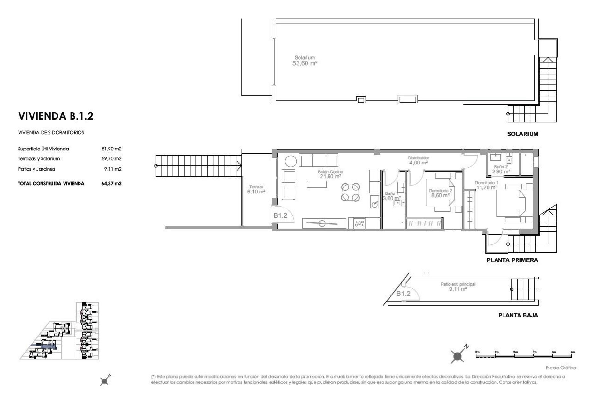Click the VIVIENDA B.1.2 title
(x=56, y=116)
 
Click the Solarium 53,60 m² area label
(x=305, y=61)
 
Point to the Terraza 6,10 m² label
(x=256, y=189)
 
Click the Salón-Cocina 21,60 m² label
(x=330, y=174)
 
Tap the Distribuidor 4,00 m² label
(x=418, y=160)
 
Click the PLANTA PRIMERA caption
(x=512, y=260)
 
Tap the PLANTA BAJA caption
(x=518, y=315)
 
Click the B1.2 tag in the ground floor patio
(x=403, y=294)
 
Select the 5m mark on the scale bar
(x=572, y=352)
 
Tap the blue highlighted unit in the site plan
(x=48, y=346)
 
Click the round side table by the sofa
(x=291, y=161)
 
